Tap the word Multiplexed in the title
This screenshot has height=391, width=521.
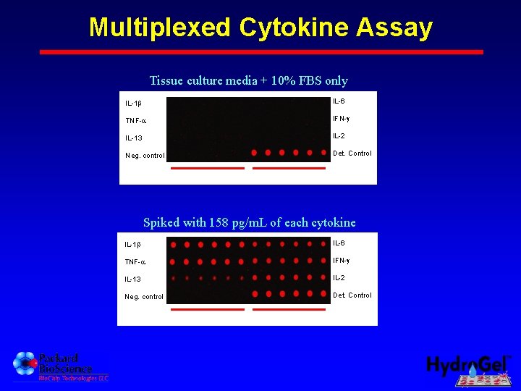160,28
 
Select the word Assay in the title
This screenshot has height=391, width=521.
394,28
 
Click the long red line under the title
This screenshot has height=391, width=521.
260,52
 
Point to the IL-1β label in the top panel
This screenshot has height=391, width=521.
133,104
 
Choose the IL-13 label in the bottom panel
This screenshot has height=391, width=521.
132,279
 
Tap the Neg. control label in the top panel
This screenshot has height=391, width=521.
145,156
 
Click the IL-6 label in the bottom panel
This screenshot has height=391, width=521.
339,243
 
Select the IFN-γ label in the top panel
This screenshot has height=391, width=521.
342,118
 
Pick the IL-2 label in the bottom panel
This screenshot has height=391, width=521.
339,277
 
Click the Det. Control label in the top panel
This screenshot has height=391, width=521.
352,154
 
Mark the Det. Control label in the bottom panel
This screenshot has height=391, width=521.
352,295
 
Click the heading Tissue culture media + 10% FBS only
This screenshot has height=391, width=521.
248,81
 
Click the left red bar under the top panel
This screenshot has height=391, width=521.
208,168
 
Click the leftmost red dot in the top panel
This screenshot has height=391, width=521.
254,153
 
